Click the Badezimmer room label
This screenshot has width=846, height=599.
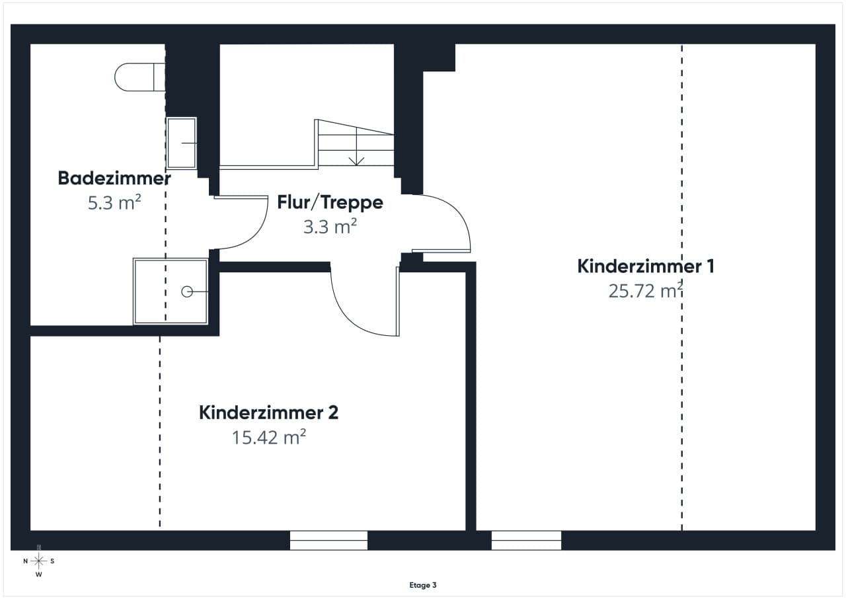tap(114, 179)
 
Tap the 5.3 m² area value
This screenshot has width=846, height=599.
tap(114, 202)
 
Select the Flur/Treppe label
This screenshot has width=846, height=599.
tap(330, 202)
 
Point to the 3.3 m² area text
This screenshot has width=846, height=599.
tap(330, 227)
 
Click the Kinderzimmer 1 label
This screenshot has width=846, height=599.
tap(646, 266)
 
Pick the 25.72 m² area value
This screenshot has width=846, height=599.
tap(646, 290)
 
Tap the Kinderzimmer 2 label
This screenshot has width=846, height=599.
tap(268, 413)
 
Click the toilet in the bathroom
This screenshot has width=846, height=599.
tap(139, 77)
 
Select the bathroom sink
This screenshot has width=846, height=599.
tap(181, 143)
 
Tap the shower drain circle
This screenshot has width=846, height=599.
tap(187, 292)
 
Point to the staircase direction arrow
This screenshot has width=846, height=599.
tap(356, 147)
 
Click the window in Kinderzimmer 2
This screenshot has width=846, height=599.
tap(328, 540)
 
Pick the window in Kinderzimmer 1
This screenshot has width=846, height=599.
tap(526, 540)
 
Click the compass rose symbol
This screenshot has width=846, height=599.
tap(38, 561)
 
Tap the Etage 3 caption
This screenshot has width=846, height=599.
tap(423, 585)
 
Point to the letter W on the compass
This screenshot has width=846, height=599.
tap(38, 575)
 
